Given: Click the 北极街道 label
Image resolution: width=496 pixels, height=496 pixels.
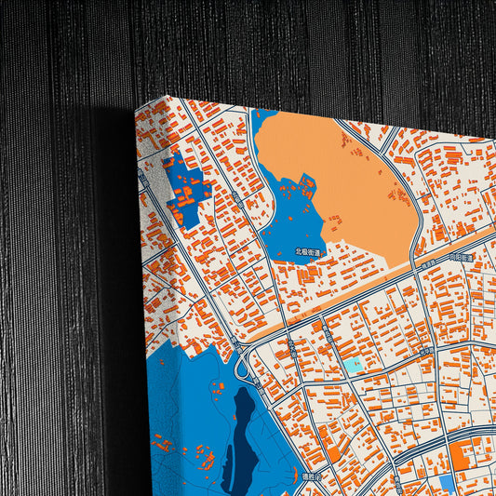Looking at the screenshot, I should pos(307,252).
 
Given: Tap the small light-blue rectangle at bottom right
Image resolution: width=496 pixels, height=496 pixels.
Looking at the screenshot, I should pos(446,483).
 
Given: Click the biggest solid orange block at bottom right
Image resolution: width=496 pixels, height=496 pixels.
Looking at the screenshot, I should pos(462,456).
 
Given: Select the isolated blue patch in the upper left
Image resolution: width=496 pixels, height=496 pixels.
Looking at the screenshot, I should pos(184,191).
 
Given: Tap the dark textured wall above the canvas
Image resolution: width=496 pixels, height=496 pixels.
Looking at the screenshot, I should pos(279,47).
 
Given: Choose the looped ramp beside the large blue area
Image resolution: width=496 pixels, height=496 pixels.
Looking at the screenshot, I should pos(244,368).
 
